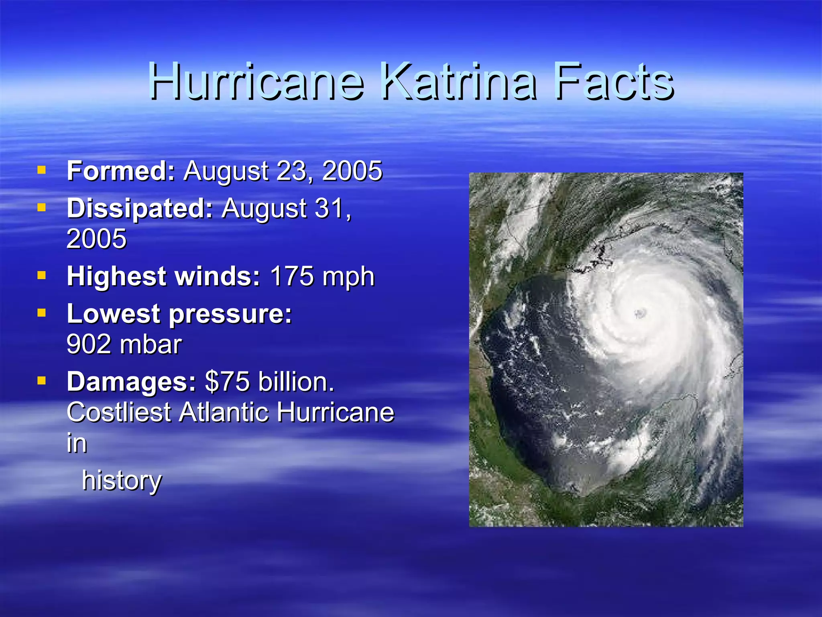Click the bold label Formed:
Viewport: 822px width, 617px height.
[x=121, y=171]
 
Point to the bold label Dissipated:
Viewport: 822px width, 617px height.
[x=140, y=208]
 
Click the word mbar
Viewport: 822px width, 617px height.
[x=151, y=345]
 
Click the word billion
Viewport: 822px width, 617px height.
[x=296, y=382]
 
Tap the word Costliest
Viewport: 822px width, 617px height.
[x=119, y=413]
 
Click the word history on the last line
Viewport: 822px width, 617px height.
[x=122, y=481]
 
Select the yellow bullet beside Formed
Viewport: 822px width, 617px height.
[x=41, y=170]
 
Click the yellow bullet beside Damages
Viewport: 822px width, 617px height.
[x=41, y=380]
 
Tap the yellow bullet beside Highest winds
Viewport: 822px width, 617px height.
[x=41, y=276]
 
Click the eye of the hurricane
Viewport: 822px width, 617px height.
[x=640, y=313]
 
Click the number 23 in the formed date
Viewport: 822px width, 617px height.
[x=293, y=171]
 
